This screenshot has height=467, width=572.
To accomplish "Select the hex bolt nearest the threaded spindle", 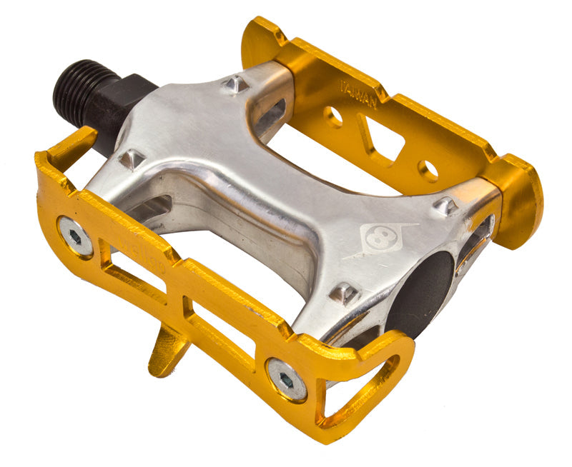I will (x=75, y=237).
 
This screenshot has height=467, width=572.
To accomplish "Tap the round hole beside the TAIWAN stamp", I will (x=332, y=117).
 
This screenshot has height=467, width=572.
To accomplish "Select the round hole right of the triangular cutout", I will (x=428, y=170).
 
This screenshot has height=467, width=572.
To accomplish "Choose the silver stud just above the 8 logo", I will (x=445, y=206).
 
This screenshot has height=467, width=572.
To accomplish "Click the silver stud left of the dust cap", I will (x=343, y=292).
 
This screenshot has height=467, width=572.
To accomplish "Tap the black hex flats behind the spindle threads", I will (x=118, y=107).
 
